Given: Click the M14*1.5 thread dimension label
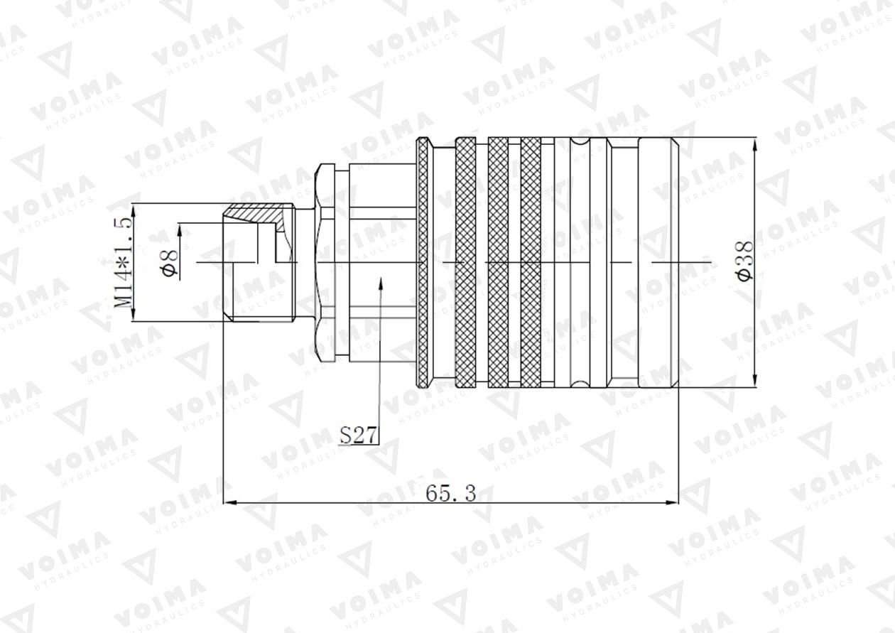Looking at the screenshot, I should tap(123, 262).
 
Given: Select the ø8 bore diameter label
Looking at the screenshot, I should tap(171, 263).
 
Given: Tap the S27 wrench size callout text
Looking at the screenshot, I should tap(357, 435).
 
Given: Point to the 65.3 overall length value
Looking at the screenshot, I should tap(450, 492).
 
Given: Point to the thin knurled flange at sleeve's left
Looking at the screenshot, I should tap(423, 262).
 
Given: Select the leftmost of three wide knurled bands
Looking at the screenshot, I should tap(465, 262).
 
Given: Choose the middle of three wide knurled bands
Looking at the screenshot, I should tap(498, 262).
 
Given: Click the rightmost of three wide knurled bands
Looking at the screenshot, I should tap(531, 262).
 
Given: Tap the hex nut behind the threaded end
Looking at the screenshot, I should tap(325, 262).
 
